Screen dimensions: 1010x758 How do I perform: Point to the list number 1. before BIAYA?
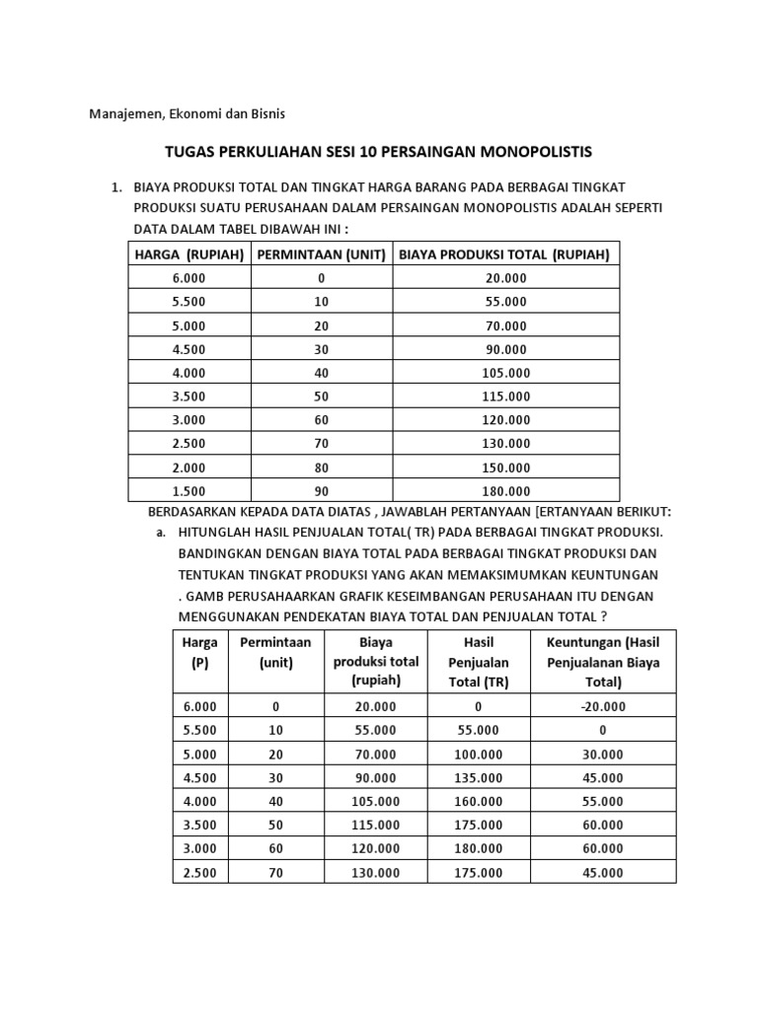(115, 187)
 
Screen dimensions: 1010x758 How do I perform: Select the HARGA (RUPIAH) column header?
(189, 254)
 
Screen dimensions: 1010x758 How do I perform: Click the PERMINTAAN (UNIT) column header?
(322, 254)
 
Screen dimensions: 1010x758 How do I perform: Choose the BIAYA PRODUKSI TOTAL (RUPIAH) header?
(504, 254)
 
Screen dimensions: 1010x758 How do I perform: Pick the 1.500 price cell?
(189, 491)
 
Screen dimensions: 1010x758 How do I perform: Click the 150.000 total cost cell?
(505, 468)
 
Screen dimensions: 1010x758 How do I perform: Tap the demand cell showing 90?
(322, 491)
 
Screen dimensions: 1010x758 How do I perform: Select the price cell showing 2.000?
(189, 468)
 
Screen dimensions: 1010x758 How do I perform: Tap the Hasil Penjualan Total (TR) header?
(478, 662)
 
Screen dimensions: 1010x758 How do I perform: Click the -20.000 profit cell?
(603, 706)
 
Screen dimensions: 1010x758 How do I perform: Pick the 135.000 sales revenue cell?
(478, 777)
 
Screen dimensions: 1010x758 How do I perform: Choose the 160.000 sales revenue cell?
(478, 801)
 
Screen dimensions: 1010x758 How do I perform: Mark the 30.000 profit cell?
(603, 754)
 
